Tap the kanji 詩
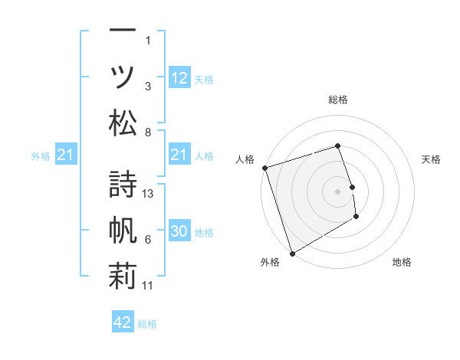123,182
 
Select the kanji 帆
123,230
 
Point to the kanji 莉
123,276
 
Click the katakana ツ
123,77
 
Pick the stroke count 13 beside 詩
149,194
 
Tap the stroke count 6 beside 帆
148,240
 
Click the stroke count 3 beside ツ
148,87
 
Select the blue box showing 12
179,78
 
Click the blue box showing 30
179,232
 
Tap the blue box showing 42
123,322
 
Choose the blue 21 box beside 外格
66,155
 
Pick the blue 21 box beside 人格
179,155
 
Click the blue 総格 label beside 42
147,324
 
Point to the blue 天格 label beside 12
204,80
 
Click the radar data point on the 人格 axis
264,168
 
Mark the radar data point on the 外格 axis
292,253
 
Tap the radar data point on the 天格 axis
352,186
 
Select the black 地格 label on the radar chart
402,262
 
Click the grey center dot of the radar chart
337,191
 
